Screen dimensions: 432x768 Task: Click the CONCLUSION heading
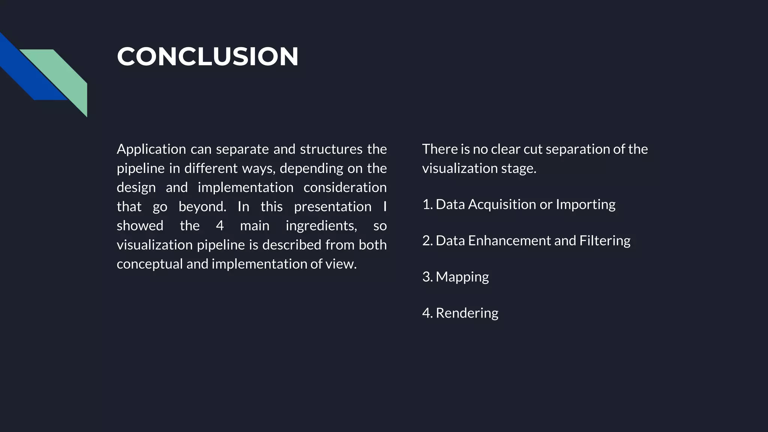pos(207,57)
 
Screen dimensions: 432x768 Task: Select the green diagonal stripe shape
pos(64,75)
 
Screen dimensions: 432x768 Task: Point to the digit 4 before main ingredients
pos(220,226)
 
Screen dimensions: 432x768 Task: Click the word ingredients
pos(321,226)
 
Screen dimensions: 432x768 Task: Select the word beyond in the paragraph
pos(202,207)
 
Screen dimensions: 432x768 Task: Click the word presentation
pos(333,207)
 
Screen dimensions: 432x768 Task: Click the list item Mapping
pos(462,277)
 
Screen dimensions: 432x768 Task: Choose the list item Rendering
pos(467,313)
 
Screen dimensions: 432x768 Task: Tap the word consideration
pos(345,187)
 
